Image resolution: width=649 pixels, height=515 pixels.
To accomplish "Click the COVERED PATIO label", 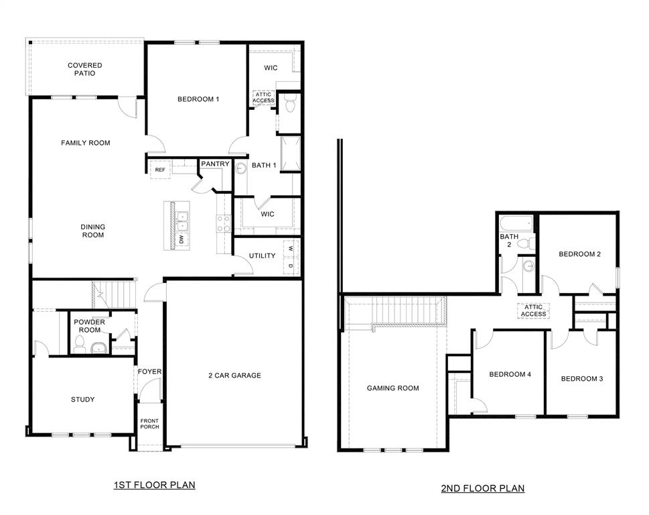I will coord(84,69).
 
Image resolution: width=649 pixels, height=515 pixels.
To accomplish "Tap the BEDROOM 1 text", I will coord(198,99).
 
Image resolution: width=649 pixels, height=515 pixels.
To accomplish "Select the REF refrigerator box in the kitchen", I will coord(160,170).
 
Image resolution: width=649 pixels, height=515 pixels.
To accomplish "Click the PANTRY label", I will coord(215,164).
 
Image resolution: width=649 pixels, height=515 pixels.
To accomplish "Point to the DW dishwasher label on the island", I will coord(181,239).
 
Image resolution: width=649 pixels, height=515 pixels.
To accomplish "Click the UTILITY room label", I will coord(262,256).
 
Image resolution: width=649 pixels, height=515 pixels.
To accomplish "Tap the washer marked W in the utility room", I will coord(291,247).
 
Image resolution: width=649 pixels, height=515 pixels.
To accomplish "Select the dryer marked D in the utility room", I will coord(291,266).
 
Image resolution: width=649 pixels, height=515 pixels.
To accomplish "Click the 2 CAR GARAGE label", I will coord(234,376).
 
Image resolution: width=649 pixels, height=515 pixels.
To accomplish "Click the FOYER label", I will coord(149,371).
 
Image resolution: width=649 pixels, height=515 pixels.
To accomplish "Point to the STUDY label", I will coord(82,400).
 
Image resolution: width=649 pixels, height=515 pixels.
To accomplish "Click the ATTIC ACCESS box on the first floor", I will coord(263,97).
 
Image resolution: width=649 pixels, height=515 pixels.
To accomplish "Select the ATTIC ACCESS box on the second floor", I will coord(533,310).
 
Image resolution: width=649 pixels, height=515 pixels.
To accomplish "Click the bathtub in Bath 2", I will coord(516,223).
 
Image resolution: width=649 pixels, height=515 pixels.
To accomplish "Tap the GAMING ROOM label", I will coord(392,388).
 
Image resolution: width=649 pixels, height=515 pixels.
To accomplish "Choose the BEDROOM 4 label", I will coord(510,375).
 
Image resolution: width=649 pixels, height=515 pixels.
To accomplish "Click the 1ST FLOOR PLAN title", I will coord(154,484).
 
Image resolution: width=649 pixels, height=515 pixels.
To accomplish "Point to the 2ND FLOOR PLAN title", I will coord(482,488).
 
